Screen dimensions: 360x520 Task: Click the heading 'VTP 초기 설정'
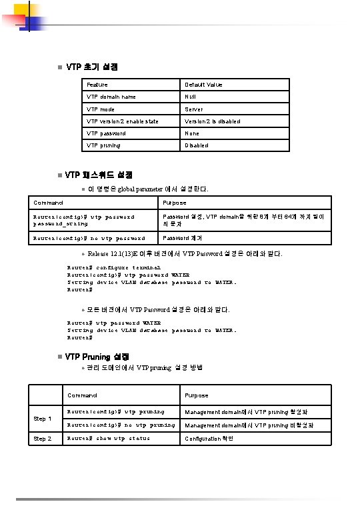92,67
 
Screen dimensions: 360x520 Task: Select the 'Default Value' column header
203,85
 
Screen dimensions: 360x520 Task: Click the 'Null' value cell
190,97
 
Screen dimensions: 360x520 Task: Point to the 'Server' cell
194,109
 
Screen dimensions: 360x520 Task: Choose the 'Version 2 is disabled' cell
212,121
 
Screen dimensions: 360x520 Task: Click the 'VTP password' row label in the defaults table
106,133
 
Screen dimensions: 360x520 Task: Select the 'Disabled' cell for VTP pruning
196,145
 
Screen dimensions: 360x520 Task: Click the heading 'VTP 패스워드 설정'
99,175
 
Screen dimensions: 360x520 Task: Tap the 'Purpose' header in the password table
175,203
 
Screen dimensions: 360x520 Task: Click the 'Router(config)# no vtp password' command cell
89,238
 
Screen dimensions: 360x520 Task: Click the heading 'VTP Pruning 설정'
97,357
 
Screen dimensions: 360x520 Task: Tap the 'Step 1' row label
43,419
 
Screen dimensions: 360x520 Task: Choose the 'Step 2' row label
43,439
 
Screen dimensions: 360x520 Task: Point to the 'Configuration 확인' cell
209,439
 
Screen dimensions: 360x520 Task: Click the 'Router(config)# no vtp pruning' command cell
121,425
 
